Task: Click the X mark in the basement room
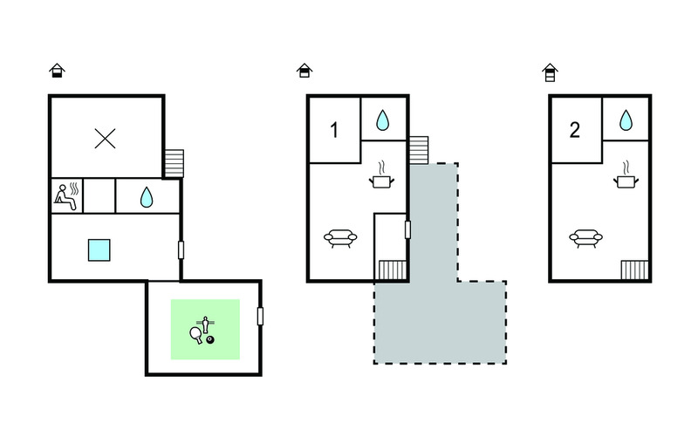pyautogui.click(x=106, y=139)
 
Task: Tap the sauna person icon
pyautogui.click(x=66, y=196)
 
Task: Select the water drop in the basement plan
pyautogui.click(x=147, y=197)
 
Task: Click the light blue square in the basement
pyautogui.click(x=99, y=250)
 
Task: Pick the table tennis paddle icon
pyautogui.click(x=195, y=335)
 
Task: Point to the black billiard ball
pyautogui.click(x=210, y=340)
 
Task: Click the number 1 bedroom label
pyautogui.click(x=334, y=130)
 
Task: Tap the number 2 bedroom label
pyautogui.click(x=575, y=130)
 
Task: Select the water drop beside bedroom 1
pyautogui.click(x=382, y=120)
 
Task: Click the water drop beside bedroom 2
pyautogui.click(x=626, y=120)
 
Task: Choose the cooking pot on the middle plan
pyautogui.click(x=382, y=175)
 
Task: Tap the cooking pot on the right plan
pyautogui.click(x=626, y=175)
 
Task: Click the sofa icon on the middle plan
pyautogui.click(x=340, y=238)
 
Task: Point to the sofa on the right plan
pyautogui.click(x=585, y=238)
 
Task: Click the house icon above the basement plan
pyautogui.click(x=57, y=71)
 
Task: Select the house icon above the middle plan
pyautogui.click(x=305, y=71)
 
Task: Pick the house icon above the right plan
pyautogui.click(x=551, y=72)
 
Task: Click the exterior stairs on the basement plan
pyautogui.click(x=174, y=163)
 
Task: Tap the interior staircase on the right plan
pyautogui.click(x=634, y=270)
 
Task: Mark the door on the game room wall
pyautogui.click(x=260, y=317)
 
